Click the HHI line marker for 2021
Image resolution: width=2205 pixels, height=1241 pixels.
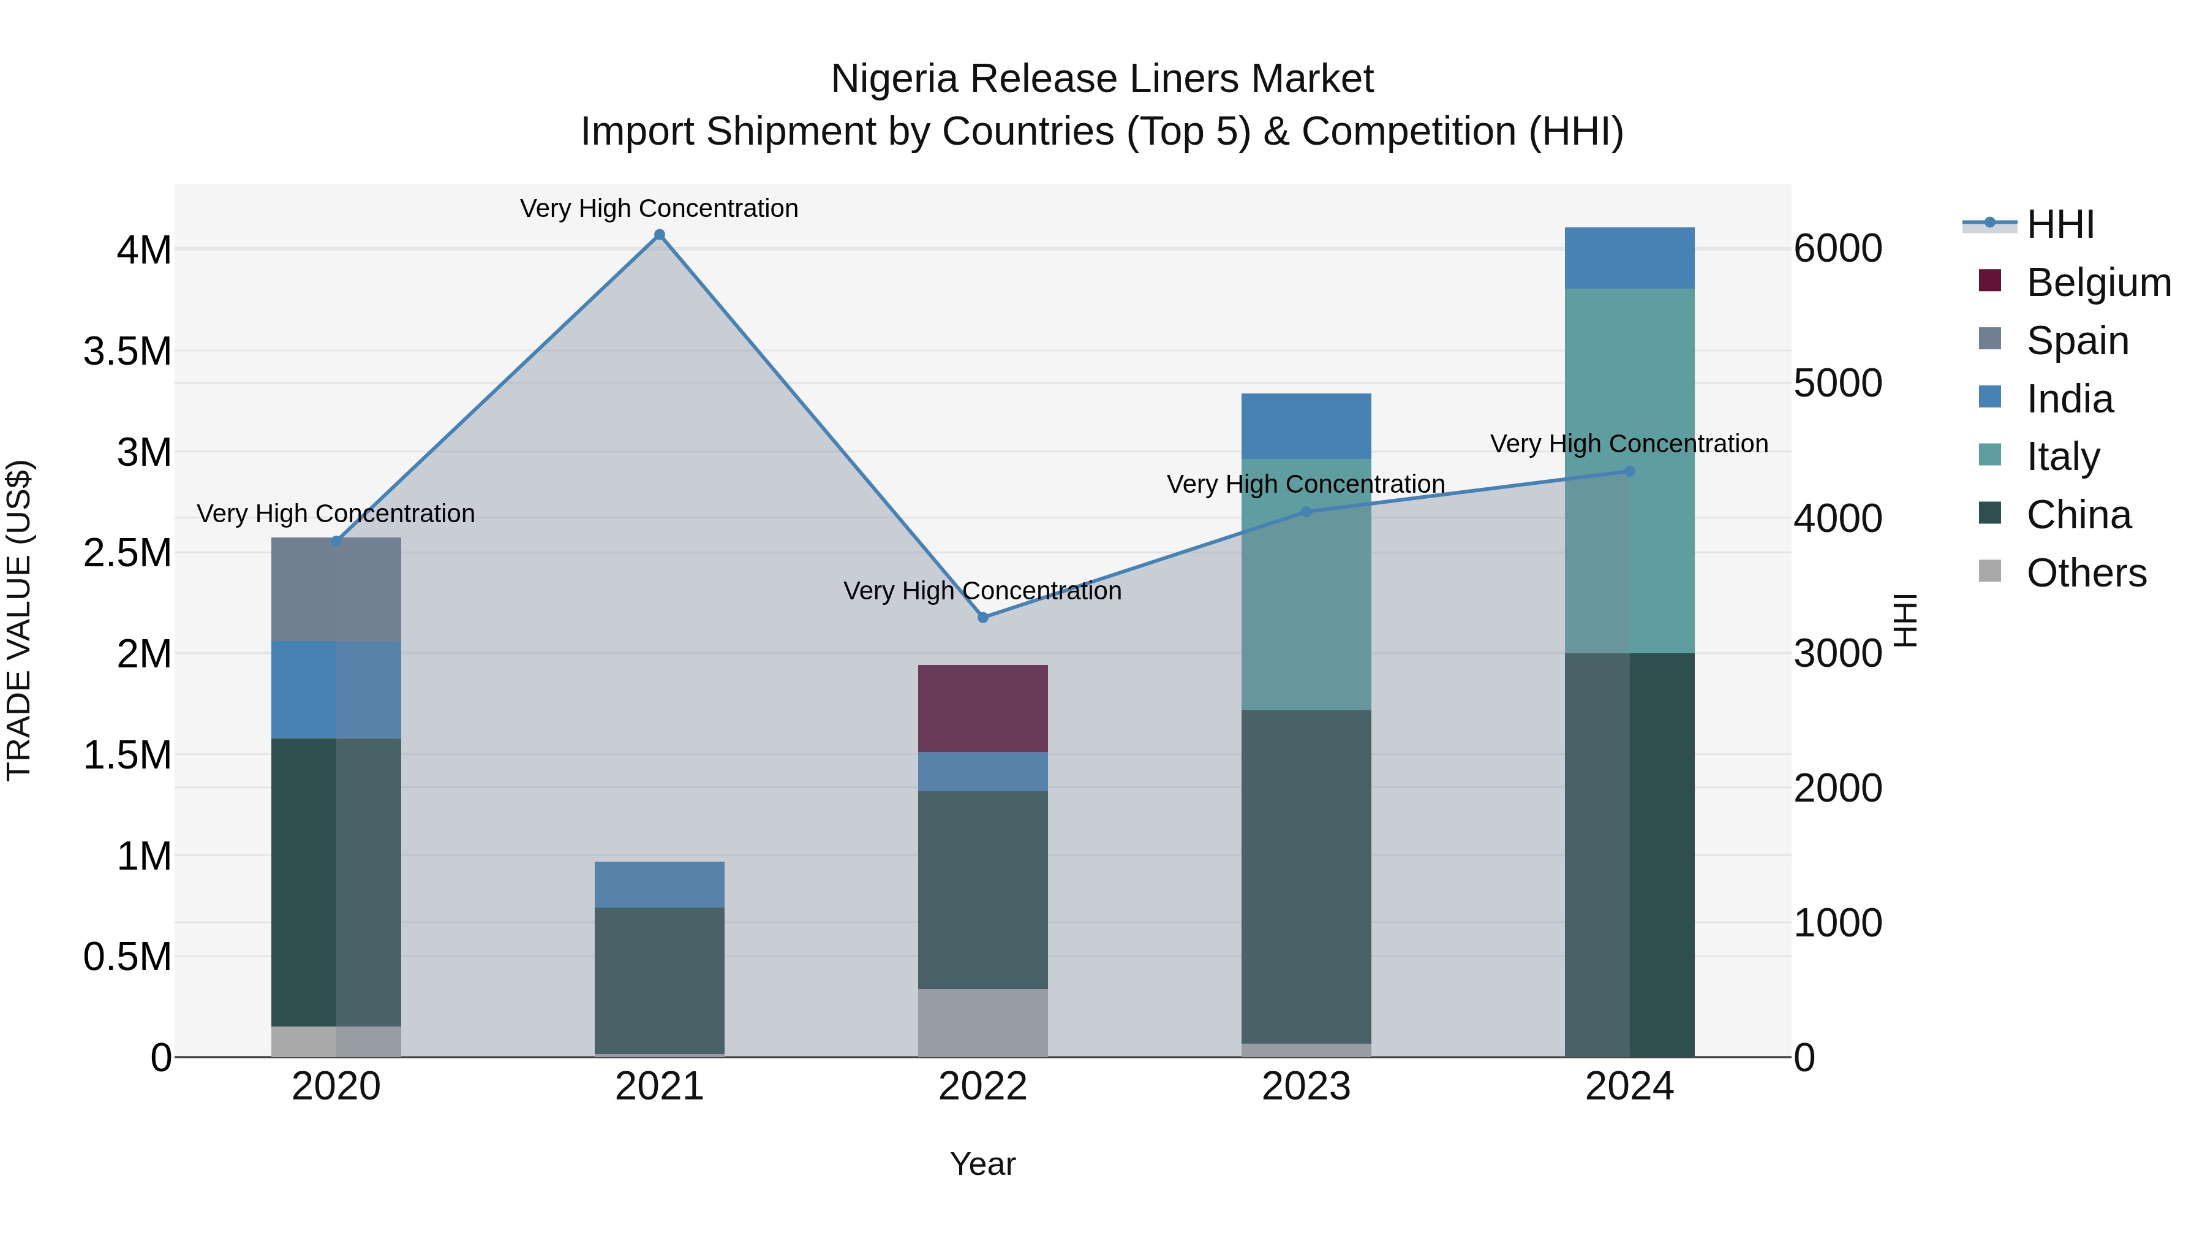[x=659, y=235]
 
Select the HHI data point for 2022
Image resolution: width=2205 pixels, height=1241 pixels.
[x=982, y=618]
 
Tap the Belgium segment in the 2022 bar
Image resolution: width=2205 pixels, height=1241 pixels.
[x=982, y=708]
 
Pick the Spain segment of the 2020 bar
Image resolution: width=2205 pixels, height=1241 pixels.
[x=336, y=589]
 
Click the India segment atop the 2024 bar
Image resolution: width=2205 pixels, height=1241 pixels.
[x=1629, y=258]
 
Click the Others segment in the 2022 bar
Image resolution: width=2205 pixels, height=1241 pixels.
[x=982, y=1023]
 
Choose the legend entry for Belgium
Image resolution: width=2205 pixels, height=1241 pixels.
[x=2097, y=283]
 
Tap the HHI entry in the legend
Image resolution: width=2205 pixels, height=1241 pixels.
[x=2059, y=224]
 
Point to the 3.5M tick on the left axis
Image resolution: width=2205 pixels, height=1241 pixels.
[x=127, y=351]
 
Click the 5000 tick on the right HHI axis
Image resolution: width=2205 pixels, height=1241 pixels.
[x=1838, y=383]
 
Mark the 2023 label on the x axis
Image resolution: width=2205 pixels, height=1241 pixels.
[x=1305, y=1087]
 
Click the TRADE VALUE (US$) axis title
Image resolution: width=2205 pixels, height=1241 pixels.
[x=19, y=620]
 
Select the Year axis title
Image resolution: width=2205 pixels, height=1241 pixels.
[x=982, y=1164]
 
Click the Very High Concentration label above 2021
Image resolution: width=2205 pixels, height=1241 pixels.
[x=659, y=208]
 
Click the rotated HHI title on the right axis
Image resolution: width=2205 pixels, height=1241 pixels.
[x=1905, y=620]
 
